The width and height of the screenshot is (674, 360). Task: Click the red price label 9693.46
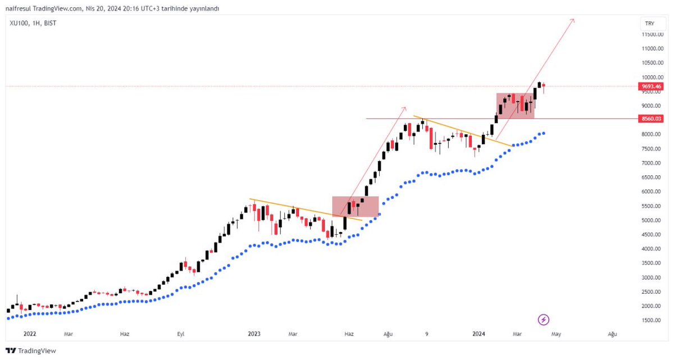652,86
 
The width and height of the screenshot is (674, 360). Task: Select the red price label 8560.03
652,119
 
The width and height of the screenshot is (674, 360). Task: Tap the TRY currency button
650,24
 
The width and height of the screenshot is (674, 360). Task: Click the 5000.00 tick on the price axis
653,220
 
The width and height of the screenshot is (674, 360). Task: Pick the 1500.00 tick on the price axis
653,320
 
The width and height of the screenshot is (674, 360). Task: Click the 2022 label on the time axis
29,334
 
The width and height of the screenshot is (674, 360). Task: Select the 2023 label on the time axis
254,334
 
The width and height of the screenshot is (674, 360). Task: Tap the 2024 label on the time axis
479,334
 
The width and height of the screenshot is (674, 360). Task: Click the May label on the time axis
556,334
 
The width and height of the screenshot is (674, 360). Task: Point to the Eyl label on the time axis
181,334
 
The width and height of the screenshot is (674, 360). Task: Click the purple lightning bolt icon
543,320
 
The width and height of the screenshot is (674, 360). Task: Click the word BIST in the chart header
51,23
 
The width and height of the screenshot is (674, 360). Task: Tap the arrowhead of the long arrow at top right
573,20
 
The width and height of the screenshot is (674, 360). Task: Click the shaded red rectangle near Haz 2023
356,206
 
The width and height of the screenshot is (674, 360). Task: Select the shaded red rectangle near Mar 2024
515,106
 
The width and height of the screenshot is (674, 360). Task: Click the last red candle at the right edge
543,87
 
